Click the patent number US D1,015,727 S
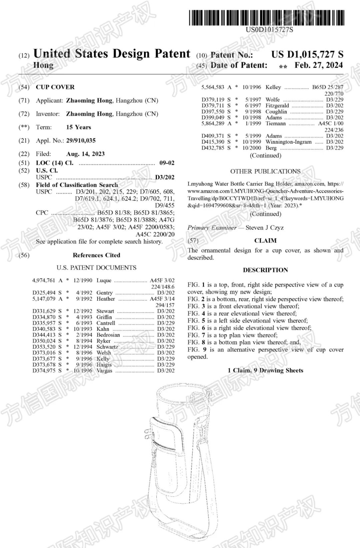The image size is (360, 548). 307,54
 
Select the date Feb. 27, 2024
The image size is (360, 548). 318,65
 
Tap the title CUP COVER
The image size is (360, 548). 55,87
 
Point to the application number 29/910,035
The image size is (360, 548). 81,141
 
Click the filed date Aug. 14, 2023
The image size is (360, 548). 85,154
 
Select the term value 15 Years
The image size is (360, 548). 78,127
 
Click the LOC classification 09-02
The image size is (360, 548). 167,163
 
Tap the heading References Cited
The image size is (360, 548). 96,255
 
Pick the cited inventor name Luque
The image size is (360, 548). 104,280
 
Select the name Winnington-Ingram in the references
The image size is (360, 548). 289,142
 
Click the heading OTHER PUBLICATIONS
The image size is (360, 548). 265,172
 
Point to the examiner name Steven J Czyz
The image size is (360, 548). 265,228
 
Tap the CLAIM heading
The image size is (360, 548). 265,241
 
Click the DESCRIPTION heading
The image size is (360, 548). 265,270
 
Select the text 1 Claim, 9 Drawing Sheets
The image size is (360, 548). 265,370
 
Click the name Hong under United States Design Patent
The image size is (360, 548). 43,65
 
